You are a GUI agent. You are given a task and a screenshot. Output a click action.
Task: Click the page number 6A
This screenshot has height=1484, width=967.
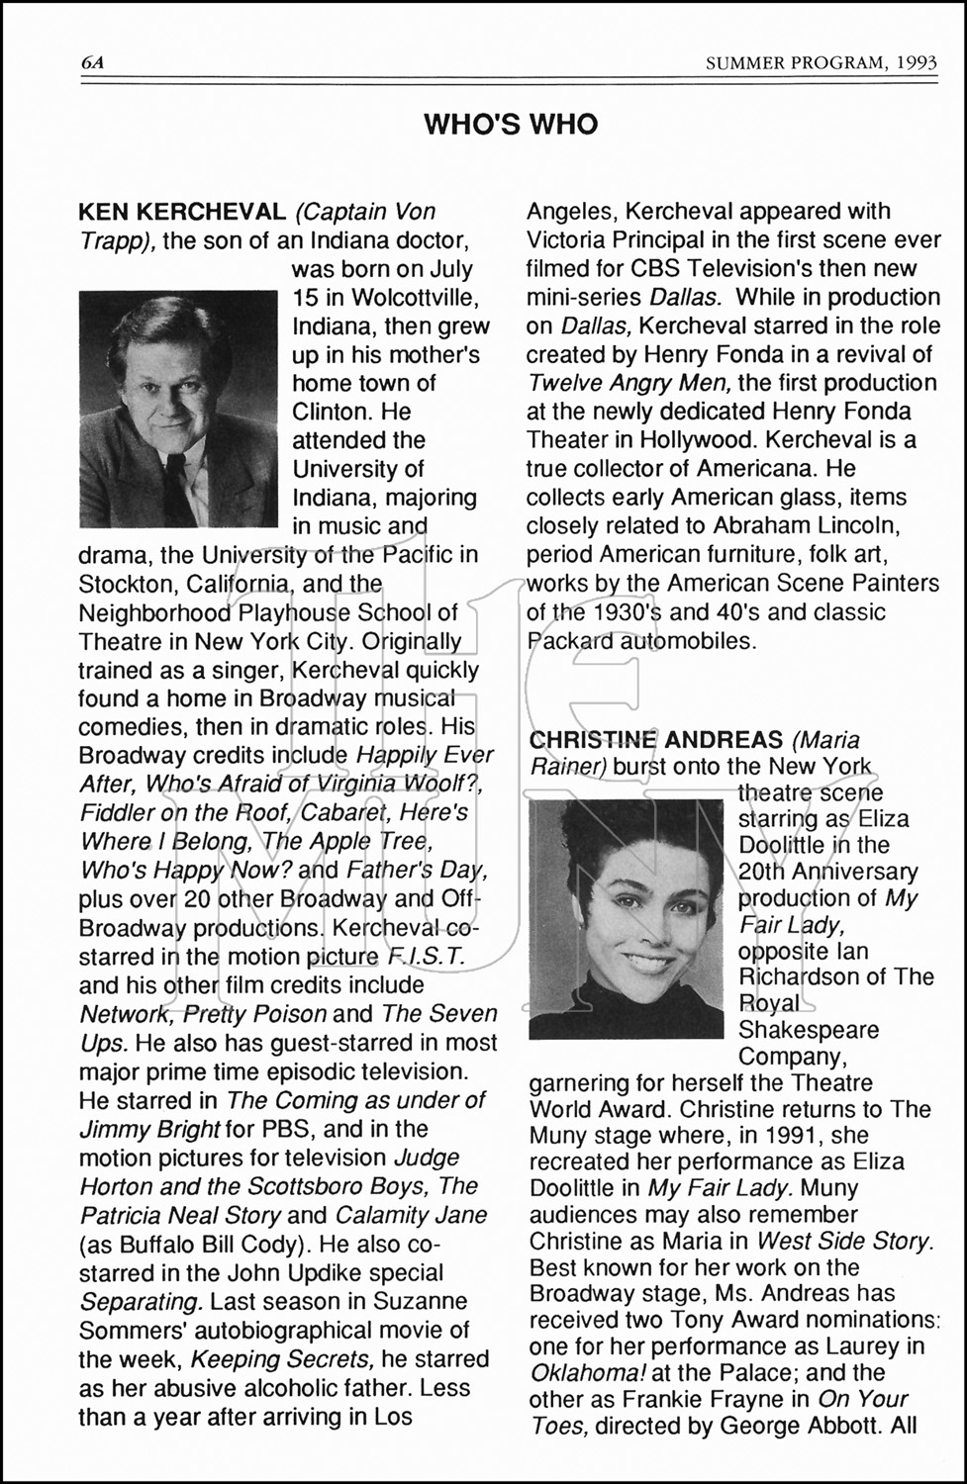[x=93, y=63]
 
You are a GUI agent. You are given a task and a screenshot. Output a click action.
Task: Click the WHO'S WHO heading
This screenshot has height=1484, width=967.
[x=511, y=125]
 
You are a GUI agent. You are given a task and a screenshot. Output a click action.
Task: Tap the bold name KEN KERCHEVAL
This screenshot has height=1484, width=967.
[x=181, y=212]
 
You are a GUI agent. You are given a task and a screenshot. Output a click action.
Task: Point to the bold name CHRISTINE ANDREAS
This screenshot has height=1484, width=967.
[x=655, y=740]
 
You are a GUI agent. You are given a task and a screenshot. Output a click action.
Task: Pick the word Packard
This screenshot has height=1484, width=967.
[x=569, y=641]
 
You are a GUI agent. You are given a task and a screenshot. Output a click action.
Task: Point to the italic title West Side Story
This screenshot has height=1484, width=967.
[x=844, y=1241]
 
